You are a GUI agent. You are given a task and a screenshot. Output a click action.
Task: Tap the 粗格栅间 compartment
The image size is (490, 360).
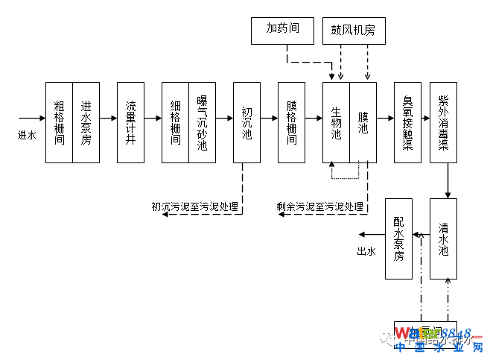click(59, 122)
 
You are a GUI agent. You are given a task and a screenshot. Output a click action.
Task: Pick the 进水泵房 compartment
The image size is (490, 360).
click(86, 122)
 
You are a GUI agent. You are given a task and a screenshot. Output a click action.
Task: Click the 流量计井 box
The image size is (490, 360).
click(130, 122)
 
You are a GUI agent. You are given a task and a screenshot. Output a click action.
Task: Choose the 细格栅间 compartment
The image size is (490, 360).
click(175, 122)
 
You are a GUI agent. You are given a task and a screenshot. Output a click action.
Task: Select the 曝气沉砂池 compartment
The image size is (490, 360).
click(202, 122)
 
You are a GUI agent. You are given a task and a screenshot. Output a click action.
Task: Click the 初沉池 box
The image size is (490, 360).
click(246, 122)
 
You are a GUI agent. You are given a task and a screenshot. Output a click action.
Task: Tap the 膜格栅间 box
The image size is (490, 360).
click(291, 122)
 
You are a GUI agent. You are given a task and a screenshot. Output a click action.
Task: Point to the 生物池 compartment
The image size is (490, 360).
click(336, 122)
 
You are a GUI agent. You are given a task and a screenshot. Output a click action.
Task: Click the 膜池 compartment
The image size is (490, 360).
click(363, 122)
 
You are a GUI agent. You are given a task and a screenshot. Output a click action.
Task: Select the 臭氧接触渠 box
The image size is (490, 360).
click(407, 122)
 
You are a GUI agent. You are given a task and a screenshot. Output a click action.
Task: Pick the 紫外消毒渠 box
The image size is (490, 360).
click(443, 122)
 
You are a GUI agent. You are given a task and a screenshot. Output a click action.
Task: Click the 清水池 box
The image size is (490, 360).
click(443, 239)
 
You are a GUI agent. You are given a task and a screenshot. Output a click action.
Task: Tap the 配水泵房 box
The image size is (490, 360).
click(398, 239)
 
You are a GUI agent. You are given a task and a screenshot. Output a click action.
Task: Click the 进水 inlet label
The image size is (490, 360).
click(27, 135)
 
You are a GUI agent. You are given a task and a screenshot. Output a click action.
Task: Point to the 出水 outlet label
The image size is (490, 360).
click(366, 251)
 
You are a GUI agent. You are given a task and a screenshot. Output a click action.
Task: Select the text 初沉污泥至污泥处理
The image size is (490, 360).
click(195, 207)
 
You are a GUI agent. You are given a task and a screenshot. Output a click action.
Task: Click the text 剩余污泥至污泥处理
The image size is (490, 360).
click(320, 207)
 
